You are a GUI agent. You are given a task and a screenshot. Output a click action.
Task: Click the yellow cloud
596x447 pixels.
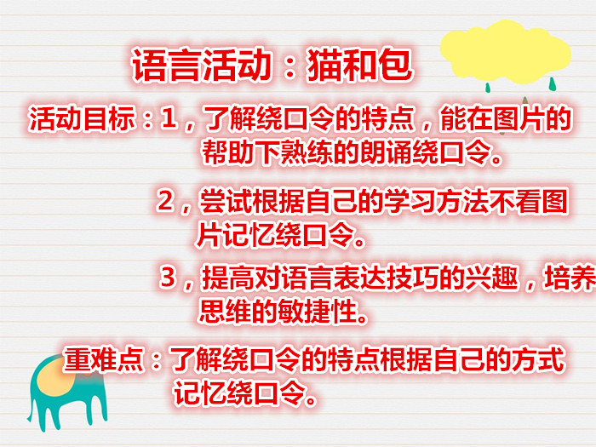506,53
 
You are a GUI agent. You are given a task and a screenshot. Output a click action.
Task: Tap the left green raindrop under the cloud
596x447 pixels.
488,88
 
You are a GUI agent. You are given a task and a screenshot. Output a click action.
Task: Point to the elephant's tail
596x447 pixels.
30,412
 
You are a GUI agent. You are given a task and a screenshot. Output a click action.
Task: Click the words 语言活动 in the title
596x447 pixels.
202,66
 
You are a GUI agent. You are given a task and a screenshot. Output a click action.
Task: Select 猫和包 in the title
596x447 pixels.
359,66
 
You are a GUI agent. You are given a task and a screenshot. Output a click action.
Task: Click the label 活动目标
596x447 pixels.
82,119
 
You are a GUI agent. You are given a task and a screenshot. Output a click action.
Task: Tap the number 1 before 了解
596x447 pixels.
169,119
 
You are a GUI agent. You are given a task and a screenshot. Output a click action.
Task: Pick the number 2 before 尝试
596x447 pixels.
166,201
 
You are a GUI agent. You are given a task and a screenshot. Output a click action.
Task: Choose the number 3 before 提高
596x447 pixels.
167,277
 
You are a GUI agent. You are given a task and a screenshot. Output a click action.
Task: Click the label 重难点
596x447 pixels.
103,359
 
